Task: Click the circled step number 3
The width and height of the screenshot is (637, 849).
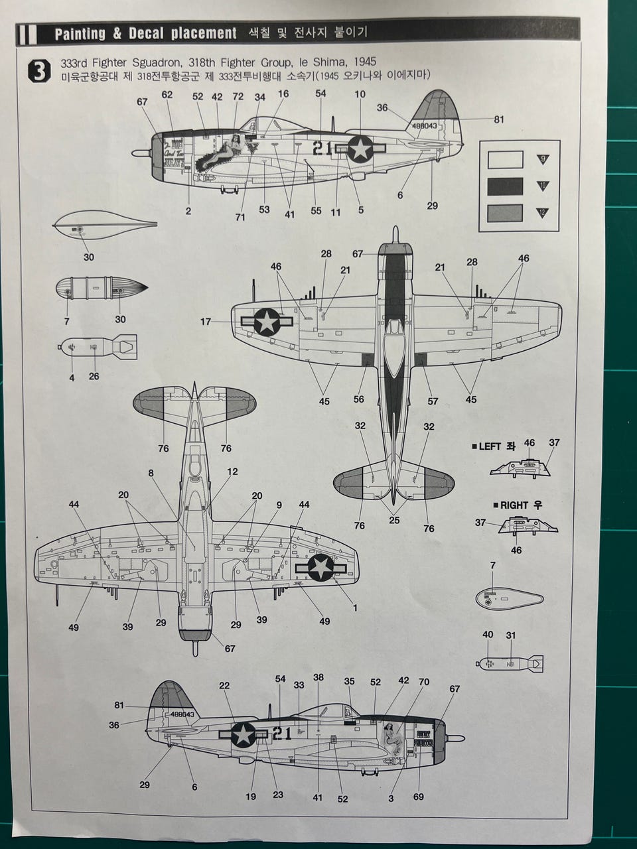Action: tap(39, 71)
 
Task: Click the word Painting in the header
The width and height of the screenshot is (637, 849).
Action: tap(80, 34)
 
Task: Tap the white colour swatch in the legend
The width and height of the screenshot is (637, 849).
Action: tap(505, 160)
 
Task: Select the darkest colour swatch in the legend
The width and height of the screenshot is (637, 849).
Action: tap(505, 186)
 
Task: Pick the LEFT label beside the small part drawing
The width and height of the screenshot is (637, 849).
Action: tap(490, 446)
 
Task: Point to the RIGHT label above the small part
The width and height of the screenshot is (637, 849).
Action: tap(514, 505)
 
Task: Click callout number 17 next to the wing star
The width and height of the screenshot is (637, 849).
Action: tap(206, 322)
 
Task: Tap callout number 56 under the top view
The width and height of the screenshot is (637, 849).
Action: tap(359, 399)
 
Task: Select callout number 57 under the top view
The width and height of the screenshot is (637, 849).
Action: tap(433, 401)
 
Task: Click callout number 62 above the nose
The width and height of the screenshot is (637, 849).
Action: tap(167, 95)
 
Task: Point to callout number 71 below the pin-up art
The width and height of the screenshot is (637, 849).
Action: tap(240, 217)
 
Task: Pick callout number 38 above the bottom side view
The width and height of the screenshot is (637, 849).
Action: tap(318, 677)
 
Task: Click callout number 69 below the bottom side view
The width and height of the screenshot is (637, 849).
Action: tap(419, 797)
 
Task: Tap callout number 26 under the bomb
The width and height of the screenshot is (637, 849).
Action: tap(94, 376)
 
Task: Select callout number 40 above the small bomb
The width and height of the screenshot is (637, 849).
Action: tap(488, 635)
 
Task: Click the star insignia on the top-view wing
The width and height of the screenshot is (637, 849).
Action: tap(267, 322)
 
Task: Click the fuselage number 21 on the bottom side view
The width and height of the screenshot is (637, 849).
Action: tap(282, 733)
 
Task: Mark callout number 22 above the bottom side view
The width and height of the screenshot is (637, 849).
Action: tap(224, 686)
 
